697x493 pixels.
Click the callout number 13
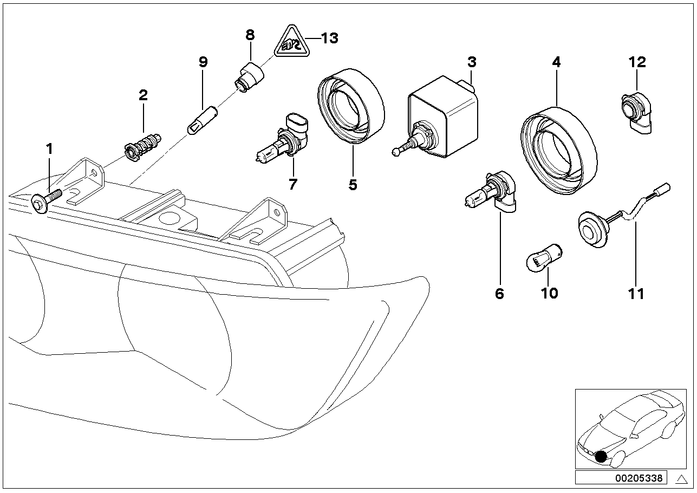click(329, 38)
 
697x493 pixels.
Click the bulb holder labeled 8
click(250, 76)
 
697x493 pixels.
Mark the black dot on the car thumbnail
click(601, 457)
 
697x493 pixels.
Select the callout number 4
click(556, 62)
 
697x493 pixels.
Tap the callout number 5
click(353, 185)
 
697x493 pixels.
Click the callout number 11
click(636, 294)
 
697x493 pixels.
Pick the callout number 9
click(203, 62)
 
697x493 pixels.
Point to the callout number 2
click(143, 96)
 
